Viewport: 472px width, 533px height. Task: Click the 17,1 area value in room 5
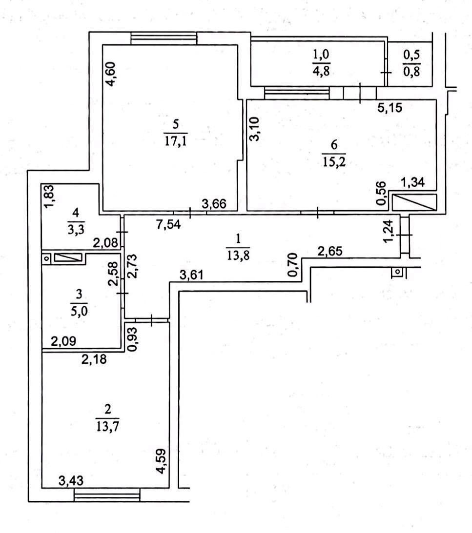click(x=175, y=141)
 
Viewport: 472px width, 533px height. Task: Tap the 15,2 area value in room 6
click(x=334, y=161)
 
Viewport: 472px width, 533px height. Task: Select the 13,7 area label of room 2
click(x=107, y=426)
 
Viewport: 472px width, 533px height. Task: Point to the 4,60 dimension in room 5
click(x=111, y=74)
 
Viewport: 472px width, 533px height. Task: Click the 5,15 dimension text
click(x=390, y=108)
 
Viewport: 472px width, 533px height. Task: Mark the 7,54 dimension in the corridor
click(x=168, y=225)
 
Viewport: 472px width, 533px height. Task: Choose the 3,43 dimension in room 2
click(x=71, y=481)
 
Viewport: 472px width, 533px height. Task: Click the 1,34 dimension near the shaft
click(x=413, y=182)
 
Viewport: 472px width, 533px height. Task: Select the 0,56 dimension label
click(x=381, y=194)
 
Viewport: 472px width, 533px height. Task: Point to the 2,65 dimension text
click(x=330, y=252)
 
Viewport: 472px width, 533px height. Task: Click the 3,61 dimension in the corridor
click(x=192, y=275)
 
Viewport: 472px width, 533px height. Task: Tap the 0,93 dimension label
click(x=133, y=339)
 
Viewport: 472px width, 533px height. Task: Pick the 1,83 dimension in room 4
click(x=49, y=197)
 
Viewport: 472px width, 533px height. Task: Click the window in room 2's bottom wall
click(x=107, y=494)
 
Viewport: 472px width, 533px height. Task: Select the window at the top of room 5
click(x=164, y=38)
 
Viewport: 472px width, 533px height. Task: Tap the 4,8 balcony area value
click(x=321, y=71)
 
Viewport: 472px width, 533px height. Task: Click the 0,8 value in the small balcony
click(x=411, y=72)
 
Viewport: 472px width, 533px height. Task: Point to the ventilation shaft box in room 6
click(x=414, y=202)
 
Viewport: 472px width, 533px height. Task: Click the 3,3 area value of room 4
click(x=76, y=230)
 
